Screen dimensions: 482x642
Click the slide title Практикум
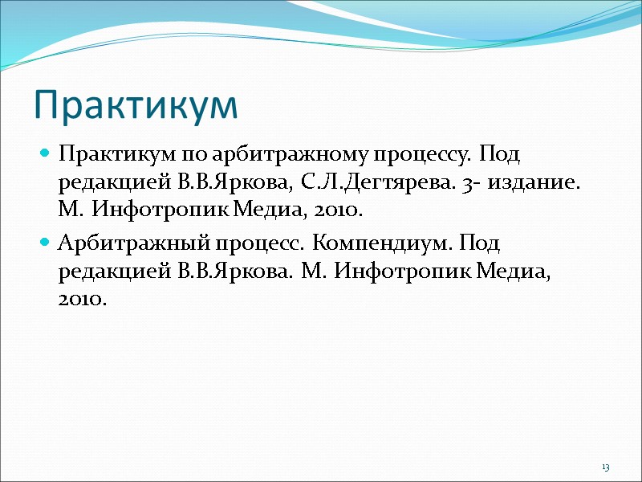click(136, 106)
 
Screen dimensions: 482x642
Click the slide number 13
click(605, 468)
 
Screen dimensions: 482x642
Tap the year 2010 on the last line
click(82, 300)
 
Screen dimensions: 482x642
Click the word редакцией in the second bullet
click(109, 272)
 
